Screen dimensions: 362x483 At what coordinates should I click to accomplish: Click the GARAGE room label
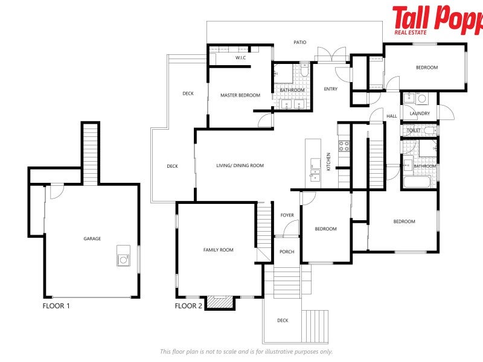click(92, 239)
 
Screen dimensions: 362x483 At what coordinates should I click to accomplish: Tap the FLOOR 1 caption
click(56, 306)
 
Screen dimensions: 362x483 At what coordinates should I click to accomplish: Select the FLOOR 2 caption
click(188, 306)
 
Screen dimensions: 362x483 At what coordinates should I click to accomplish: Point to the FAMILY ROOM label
click(218, 250)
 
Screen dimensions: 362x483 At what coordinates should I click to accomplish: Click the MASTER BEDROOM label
click(240, 95)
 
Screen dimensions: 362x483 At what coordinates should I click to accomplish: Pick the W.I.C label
click(239, 58)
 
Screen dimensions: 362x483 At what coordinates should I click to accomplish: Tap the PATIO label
click(299, 42)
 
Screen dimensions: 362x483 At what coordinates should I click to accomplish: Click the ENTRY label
click(330, 89)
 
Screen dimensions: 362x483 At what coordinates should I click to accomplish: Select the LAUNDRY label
click(419, 113)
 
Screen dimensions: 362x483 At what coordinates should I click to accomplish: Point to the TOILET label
click(414, 130)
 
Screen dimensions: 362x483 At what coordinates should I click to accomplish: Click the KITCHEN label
click(328, 161)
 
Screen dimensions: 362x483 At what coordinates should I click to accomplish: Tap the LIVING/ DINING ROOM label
click(240, 166)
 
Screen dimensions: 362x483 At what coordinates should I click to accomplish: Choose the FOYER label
click(287, 215)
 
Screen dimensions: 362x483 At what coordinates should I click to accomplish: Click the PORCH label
click(287, 252)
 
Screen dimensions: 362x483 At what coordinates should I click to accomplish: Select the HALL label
click(392, 116)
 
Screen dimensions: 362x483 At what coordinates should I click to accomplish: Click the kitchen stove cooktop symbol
click(344, 145)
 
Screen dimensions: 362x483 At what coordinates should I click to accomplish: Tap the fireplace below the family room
click(220, 302)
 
